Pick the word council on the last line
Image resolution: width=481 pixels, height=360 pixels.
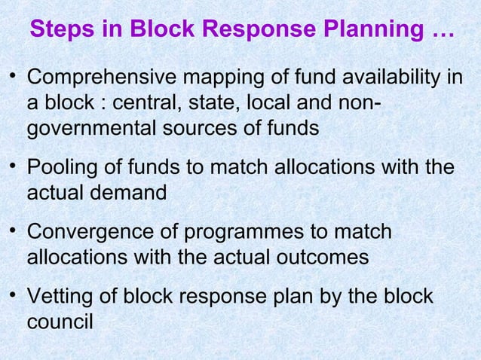coord(60,322)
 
